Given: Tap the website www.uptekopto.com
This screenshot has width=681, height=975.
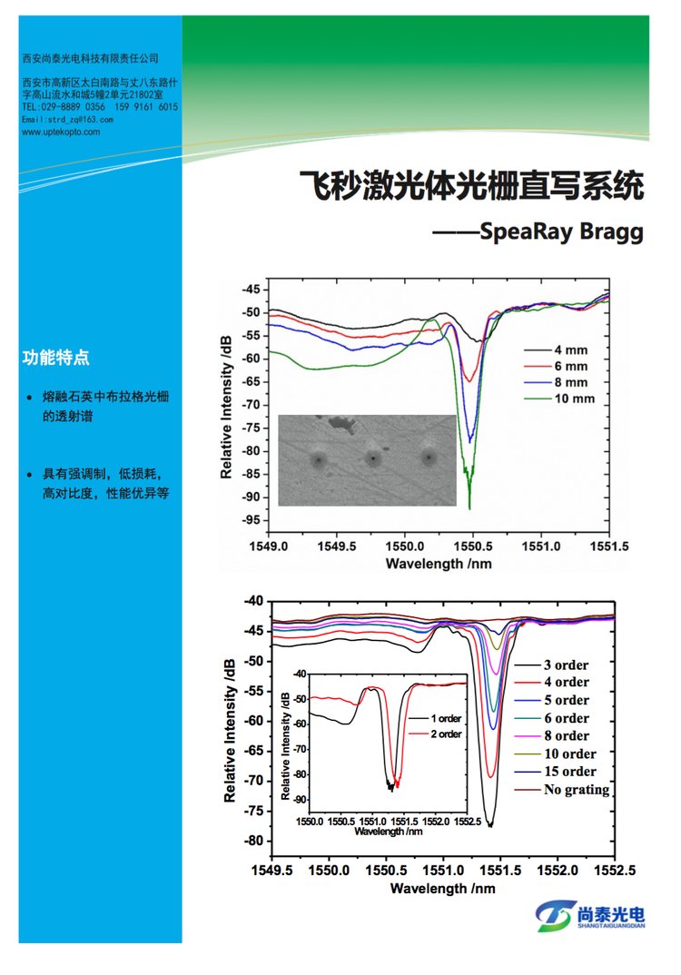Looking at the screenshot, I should (61, 132).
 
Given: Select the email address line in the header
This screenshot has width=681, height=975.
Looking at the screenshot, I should (67, 120).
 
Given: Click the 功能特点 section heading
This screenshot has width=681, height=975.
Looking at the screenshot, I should (55, 357).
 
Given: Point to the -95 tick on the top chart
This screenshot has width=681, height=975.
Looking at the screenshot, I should (250, 520).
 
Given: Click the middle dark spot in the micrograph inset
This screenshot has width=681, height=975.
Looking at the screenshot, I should (372, 459).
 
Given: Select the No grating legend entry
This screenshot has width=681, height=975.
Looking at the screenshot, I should (577, 790).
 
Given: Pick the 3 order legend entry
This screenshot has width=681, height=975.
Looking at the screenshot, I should (567, 665).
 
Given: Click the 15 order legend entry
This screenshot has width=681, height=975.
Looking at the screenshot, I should (570, 772).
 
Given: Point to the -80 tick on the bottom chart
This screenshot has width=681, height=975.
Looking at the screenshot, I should (251, 841).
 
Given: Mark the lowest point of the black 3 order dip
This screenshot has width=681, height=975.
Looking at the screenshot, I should (490, 825).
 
